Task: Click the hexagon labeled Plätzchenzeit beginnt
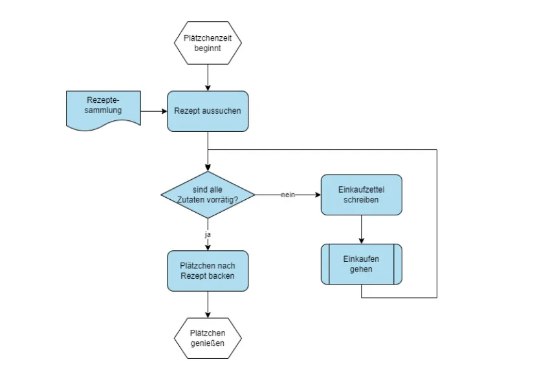(x=208, y=43)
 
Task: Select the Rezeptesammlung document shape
(x=104, y=109)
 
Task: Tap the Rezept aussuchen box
(x=208, y=111)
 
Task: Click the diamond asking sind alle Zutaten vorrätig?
(x=208, y=195)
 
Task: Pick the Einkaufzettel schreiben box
(x=361, y=195)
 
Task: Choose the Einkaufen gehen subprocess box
(x=361, y=264)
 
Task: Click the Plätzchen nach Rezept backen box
(x=208, y=271)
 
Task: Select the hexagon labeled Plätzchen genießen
(x=208, y=338)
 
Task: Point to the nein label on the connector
(x=288, y=195)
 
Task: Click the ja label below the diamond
(x=208, y=235)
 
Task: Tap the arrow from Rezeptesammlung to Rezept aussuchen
(x=153, y=111)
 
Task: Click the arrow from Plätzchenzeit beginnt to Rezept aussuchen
(x=208, y=77)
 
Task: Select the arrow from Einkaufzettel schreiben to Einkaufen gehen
(x=361, y=229)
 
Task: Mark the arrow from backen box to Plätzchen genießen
(x=208, y=304)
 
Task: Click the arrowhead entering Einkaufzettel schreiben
(x=317, y=195)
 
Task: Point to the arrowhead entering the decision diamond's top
(x=208, y=167)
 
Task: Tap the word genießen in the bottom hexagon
(x=208, y=343)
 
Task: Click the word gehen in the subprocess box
(x=361, y=269)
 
